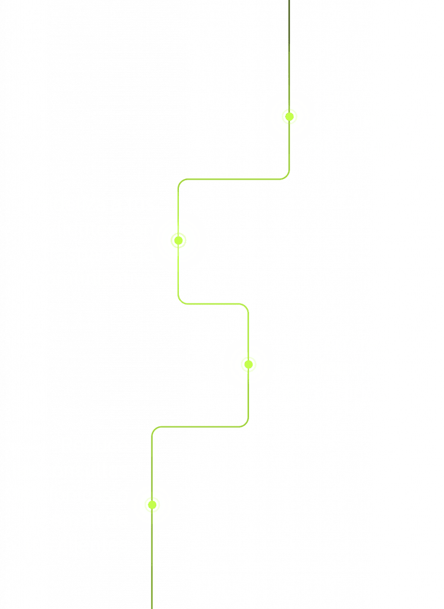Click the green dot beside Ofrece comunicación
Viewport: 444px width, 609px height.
coord(289,117)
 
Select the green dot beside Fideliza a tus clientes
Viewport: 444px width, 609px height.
coord(178,240)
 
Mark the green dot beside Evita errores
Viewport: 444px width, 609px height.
coord(248,364)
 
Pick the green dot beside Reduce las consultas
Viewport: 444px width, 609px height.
coord(152,505)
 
